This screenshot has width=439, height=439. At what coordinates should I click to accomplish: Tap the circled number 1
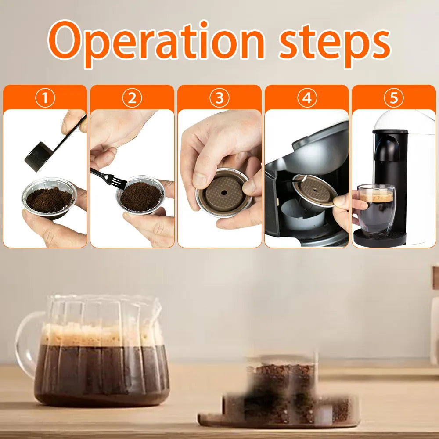tap(45, 98)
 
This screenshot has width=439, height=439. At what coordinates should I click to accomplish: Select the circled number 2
tap(132, 98)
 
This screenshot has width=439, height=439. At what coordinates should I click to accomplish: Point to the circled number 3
tap(219, 98)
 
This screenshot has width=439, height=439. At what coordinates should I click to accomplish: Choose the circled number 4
tap(306, 98)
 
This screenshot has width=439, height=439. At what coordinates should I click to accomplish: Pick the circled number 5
tap(393, 98)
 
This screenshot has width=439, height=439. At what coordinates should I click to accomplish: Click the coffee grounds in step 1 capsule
tap(48, 200)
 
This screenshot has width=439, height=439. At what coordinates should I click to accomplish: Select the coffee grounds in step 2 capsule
tap(140, 196)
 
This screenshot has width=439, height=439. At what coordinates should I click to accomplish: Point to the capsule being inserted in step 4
tap(314, 189)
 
